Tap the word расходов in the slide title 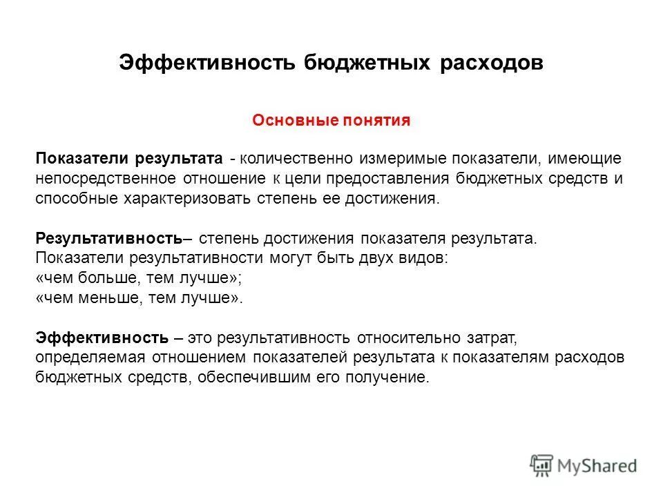coord(490,62)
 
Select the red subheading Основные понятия coord(331,121)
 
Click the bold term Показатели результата coord(129,159)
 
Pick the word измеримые coord(399,159)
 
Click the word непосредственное coord(106,178)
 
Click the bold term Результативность coord(108,238)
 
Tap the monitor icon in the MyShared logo coord(542,464)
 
